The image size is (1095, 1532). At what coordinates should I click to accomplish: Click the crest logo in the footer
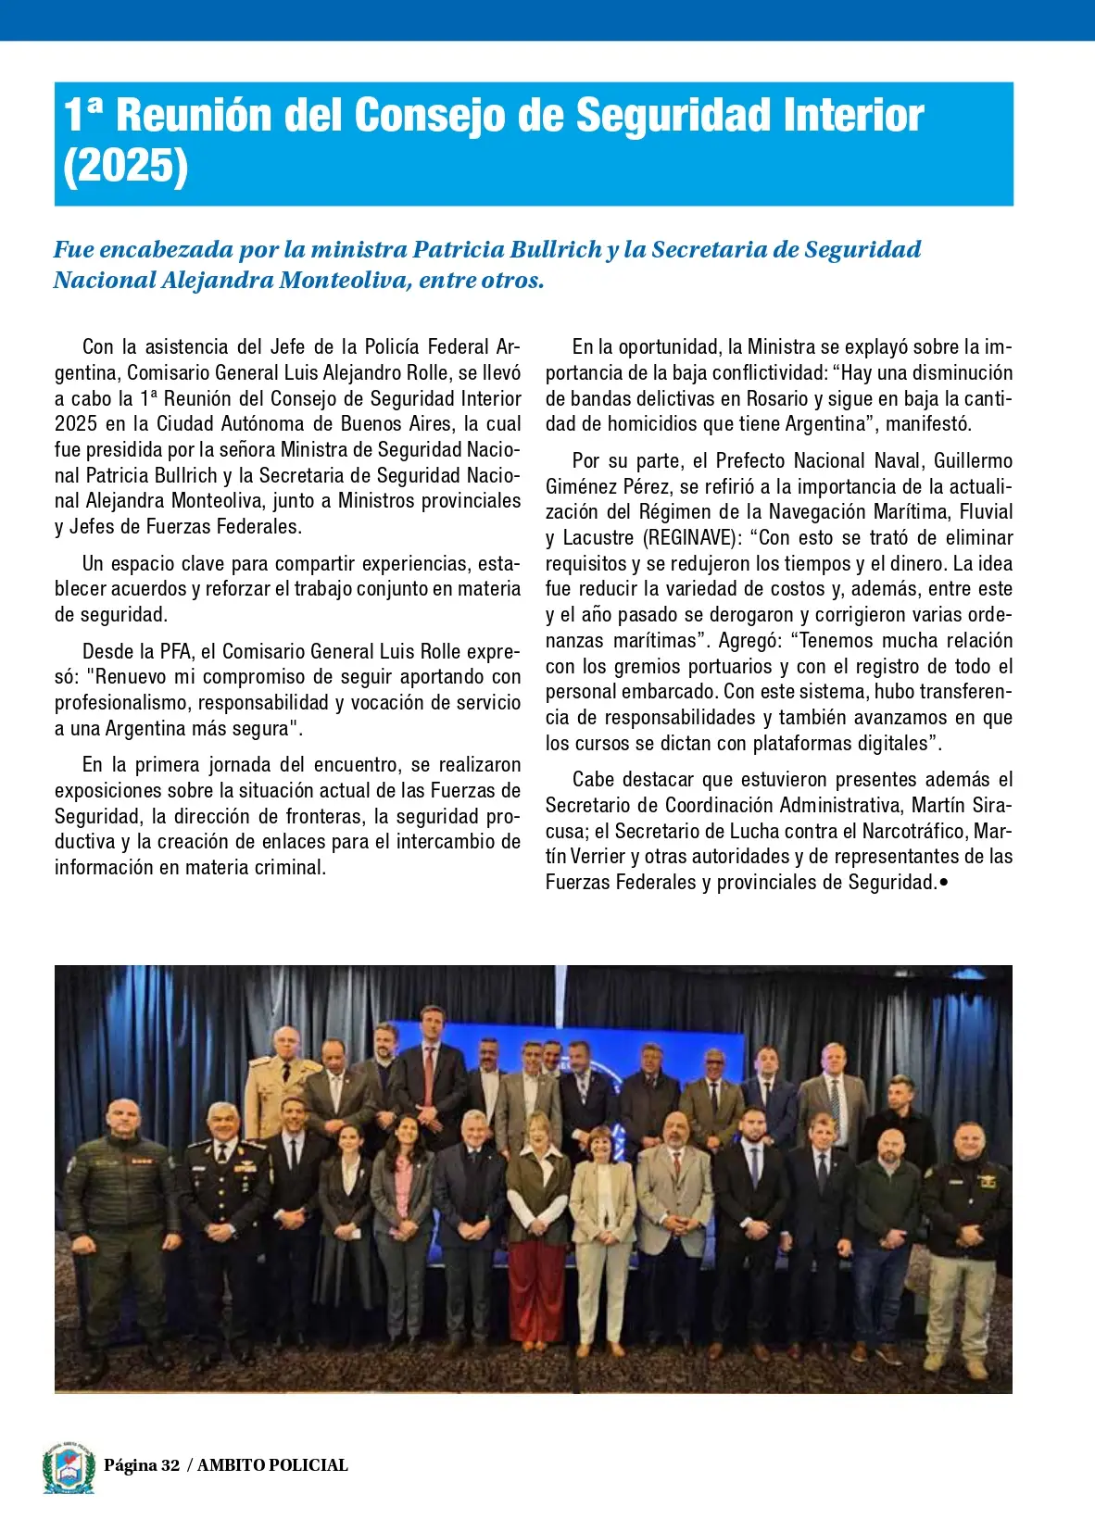[x=69, y=1467]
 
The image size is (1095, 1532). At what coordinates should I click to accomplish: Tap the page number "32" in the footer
[x=170, y=1465]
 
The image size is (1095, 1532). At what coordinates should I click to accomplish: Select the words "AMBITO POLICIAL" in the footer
[x=272, y=1465]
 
